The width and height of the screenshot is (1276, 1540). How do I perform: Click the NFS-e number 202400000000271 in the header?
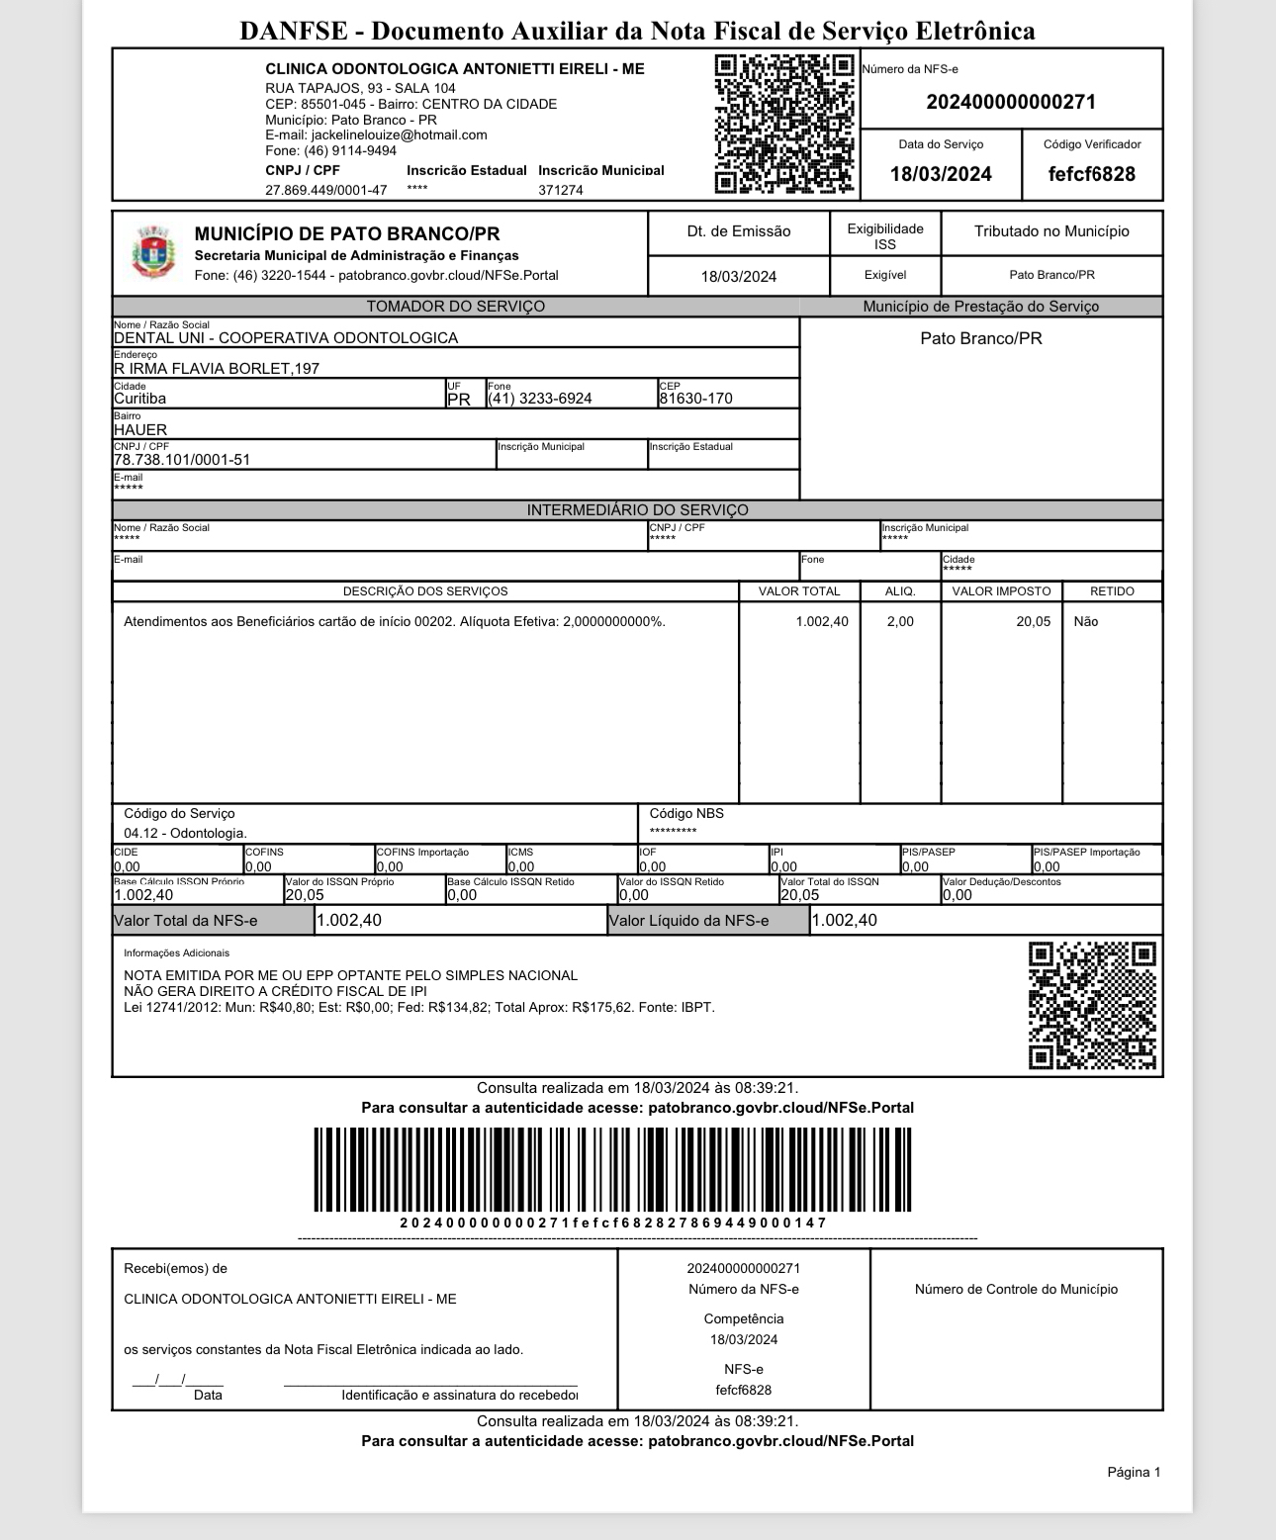(1010, 102)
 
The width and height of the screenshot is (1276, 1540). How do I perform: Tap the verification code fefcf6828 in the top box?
(1091, 174)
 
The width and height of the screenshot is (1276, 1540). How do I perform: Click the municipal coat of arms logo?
(152, 252)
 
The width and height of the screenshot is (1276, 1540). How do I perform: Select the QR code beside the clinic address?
(783, 125)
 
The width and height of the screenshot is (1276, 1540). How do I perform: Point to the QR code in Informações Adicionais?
(1092, 1006)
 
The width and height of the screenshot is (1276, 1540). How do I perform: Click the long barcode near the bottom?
(613, 1169)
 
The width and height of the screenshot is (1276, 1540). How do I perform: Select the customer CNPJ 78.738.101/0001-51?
(182, 460)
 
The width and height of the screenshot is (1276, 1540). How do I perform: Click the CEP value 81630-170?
(695, 399)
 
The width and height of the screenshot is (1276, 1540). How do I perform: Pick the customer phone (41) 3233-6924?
(540, 399)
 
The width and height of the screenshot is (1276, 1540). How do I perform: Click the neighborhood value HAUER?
(140, 429)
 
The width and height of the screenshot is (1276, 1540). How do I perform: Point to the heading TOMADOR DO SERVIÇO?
(455, 307)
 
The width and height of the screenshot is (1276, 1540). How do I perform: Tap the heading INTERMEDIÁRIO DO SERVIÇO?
(637, 510)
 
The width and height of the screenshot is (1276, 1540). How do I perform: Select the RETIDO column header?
(1112, 591)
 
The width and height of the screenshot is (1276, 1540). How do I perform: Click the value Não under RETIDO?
(1085, 622)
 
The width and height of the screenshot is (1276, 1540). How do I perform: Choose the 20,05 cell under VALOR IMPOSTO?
(1033, 622)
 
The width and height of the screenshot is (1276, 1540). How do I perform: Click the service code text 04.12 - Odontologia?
(185, 834)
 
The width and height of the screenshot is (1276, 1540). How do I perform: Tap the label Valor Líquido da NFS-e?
(688, 921)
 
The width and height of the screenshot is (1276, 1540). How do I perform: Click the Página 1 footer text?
(1134, 1473)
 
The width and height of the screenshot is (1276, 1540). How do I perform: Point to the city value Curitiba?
(140, 399)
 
